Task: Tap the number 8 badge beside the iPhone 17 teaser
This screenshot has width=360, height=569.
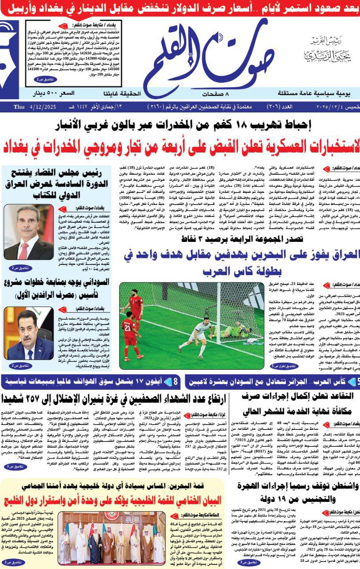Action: (175, 381)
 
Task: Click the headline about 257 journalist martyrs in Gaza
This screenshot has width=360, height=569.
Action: (120, 398)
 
